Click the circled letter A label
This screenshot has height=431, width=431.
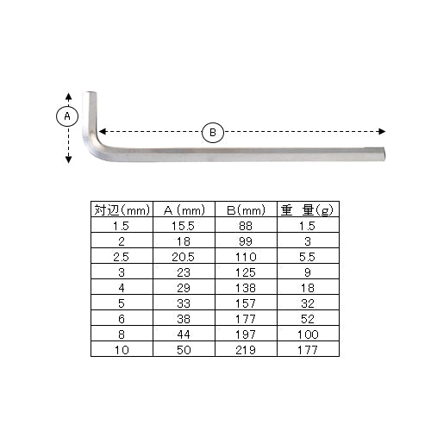tap(67, 116)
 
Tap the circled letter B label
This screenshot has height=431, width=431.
tap(213, 133)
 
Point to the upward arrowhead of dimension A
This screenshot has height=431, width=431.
tap(68, 97)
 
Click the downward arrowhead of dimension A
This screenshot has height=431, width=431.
tap(68, 159)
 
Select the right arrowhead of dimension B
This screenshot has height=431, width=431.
tap(382, 132)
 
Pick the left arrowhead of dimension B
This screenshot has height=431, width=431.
tap(103, 132)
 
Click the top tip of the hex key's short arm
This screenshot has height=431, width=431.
tap(90, 92)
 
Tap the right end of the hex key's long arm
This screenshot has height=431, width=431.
tap(384, 154)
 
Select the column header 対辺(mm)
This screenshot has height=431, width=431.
tap(122, 210)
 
